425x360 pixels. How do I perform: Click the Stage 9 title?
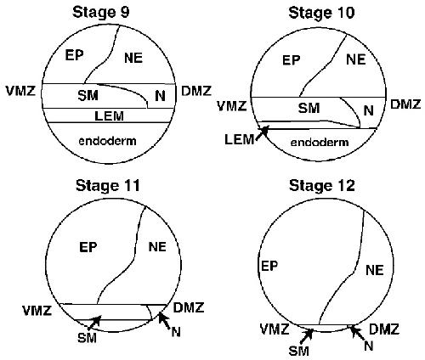click(100, 13)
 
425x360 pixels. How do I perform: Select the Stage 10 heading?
click(321, 13)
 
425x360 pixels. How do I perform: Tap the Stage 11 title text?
click(108, 186)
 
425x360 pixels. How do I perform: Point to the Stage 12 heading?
click(322, 186)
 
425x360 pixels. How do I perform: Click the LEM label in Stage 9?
click(109, 115)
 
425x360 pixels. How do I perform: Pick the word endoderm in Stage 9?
click(107, 141)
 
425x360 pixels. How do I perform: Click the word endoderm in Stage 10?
click(320, 142)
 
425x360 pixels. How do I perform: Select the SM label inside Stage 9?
click(88, 96)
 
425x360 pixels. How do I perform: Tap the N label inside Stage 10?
click(368, 110)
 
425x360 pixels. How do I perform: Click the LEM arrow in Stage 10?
click(262, 132)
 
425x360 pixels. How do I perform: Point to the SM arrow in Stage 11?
click(94, 323)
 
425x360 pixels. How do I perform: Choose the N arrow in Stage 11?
click(165, 320)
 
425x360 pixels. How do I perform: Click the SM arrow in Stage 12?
click(306, 336)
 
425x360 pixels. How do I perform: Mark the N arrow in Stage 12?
click(357, 334)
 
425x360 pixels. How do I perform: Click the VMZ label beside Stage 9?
click(20, 91)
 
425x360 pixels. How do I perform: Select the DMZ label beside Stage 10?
click(405, 104)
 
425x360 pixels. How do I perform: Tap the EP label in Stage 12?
click(269, 266)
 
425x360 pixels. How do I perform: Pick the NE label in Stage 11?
click(157, 247)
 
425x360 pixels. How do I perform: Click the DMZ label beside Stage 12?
click(384, 329)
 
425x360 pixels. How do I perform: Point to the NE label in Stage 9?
click(133, 58)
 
